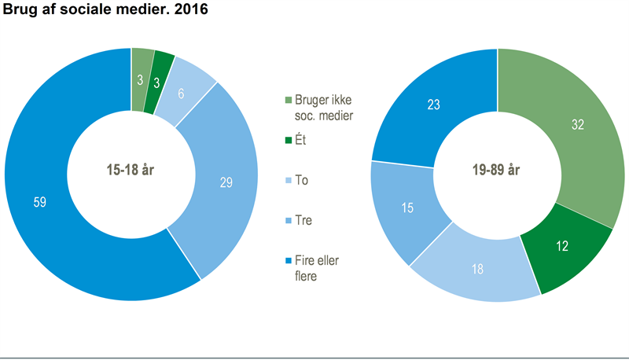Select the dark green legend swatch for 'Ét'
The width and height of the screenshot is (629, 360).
click(287, 141)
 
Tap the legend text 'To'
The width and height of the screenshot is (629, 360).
click(302, 181)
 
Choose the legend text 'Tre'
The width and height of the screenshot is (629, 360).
click(303, 220)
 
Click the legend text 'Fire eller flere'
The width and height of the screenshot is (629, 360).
click(318, 267)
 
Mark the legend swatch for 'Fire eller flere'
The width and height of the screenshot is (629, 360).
click(287, 260)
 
